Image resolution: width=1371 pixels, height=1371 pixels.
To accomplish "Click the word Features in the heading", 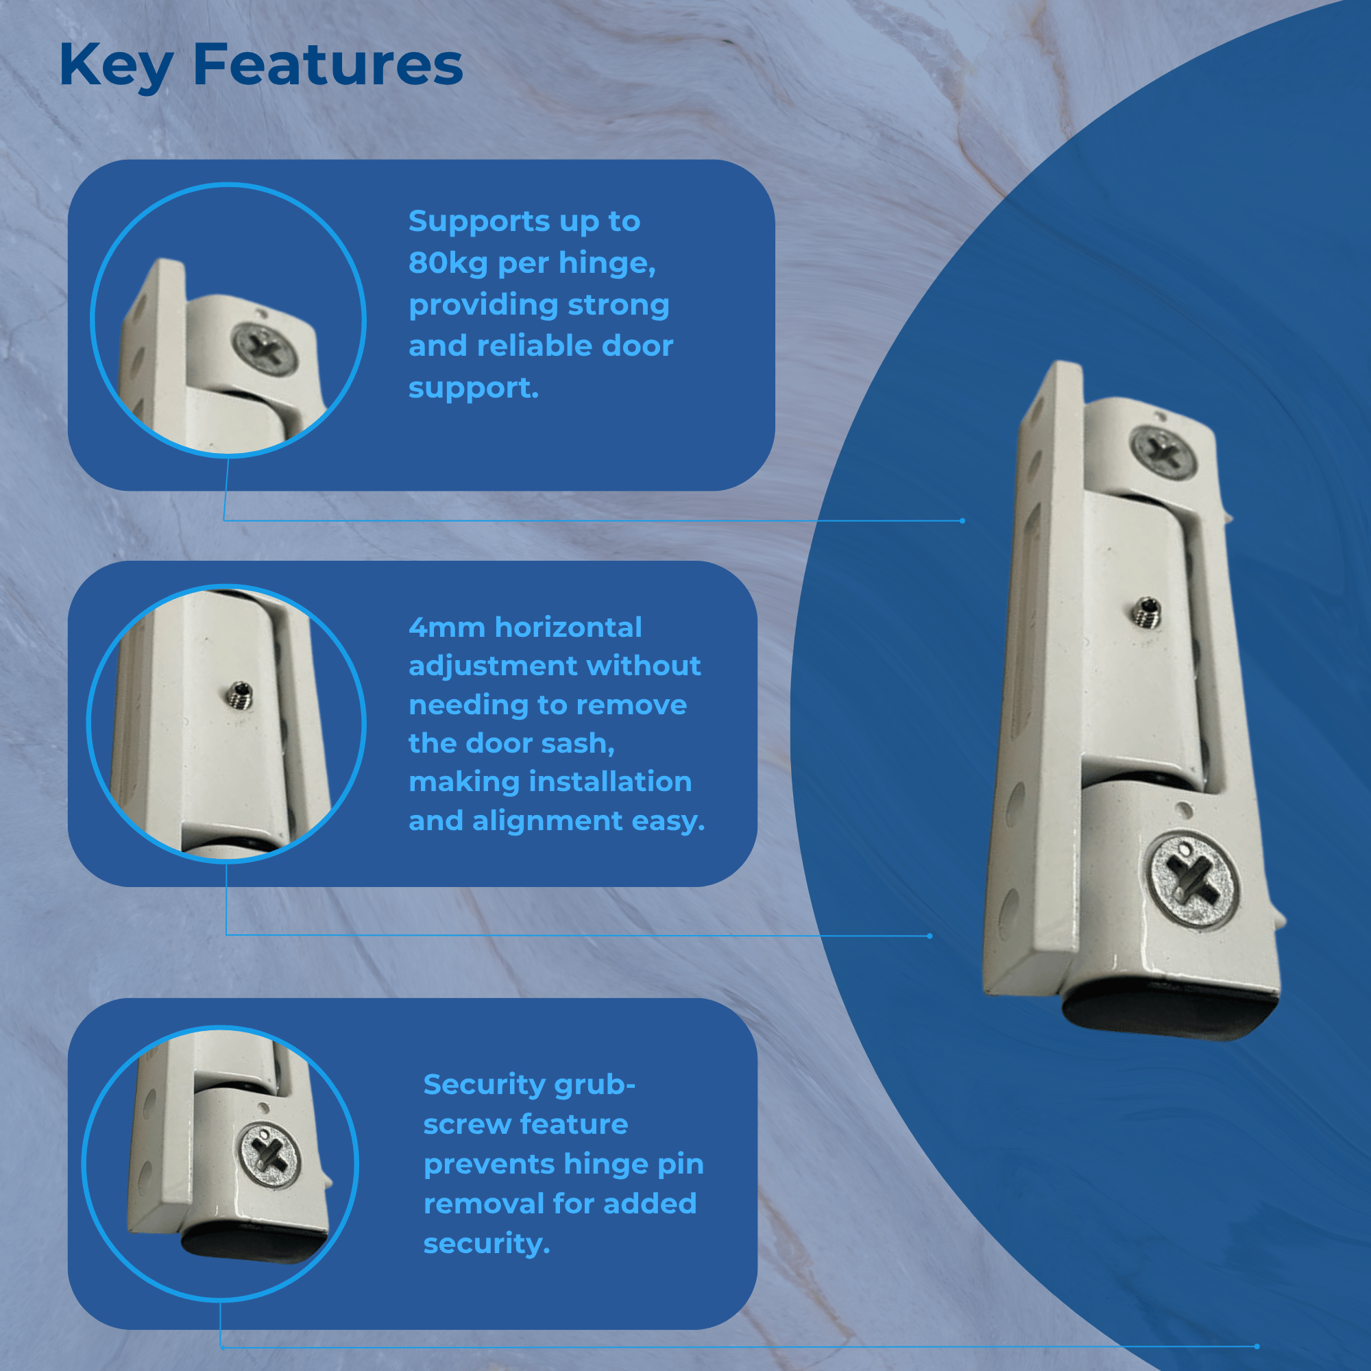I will [x=328, y=64].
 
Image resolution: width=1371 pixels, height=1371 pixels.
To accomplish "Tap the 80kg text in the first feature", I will [x=448, y=263].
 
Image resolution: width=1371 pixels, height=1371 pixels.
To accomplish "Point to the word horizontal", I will [x=568, y=627].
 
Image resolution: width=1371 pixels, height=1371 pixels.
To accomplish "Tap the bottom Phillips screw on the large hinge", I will [x=1193, y=881].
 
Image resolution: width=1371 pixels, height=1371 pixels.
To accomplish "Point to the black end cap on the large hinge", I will [x=1171, y=1011].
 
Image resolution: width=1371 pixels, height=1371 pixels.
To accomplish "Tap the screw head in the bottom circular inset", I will [x=269, y=1158].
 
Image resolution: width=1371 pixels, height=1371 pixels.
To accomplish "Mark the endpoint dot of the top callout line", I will [x=962, y=521].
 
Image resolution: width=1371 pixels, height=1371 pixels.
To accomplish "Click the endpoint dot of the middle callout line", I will [x=930, y=936].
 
